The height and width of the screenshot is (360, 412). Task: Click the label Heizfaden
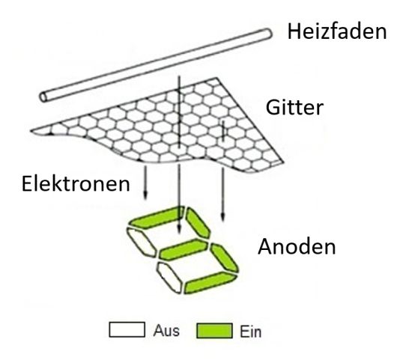point(337,31)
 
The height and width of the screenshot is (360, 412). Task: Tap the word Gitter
point(294,107)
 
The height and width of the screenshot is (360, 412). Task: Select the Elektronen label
point(76,184)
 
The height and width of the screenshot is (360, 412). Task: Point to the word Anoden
point(297,246)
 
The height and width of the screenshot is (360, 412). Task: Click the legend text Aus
point(166,331)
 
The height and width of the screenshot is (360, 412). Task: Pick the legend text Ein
point(250,332)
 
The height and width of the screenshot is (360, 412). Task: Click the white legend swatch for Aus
point(127,329)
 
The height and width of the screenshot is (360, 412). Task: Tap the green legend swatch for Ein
point(215,331)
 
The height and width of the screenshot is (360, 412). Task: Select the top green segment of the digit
point(157,218)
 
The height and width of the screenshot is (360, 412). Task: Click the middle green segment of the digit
point(184,249)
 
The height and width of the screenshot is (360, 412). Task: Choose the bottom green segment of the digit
point(210,282)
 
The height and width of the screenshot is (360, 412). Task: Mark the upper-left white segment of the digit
point(142,242)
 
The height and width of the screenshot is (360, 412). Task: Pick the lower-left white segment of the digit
point(170,278)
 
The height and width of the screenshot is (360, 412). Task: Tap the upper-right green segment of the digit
point(198,223)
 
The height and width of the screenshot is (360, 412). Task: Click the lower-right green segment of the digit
point(225,258)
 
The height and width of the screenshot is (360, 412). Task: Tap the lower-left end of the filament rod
point(43,97)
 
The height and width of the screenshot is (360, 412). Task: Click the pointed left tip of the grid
point(31,130)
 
